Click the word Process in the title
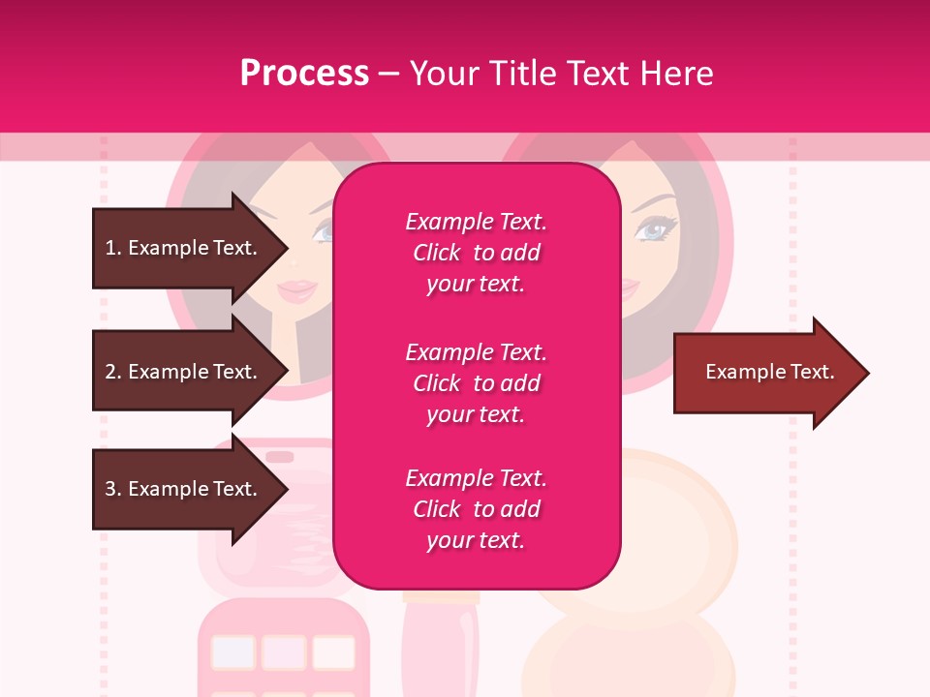pyautogui.click(x=304, y=74)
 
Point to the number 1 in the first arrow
pyautogui.click(x=110, y=248)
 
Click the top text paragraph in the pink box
pyautogui.click(x=476, y=253)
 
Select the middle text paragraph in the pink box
pyautogui.click(x=476, y=383)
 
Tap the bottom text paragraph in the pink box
pyautogui.click(x=476, y=509)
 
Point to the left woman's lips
pyautogui.click(x=298, y=288)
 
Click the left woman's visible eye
pyautogui.click(x=323, y=230)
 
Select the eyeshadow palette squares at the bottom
pyautogui.click(x=281, y=653)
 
